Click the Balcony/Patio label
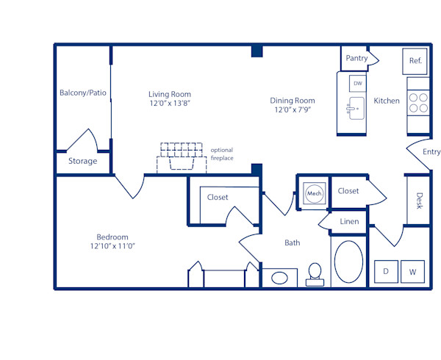click(x=82, y=93)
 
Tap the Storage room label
click(x=82, y=161)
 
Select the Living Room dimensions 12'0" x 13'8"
click(x=170, y=104)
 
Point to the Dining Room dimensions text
click(x=293, y=111)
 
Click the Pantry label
click(x=356, y=58)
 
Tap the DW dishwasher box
click(x=358, y=84)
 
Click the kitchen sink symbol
click(x=355, y=111)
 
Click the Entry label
click(x=431, y=152)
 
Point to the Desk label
click(x=419, y=201)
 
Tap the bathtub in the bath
click(x=348, y=262)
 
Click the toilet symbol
click(x=315, y=273)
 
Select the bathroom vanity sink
click(x=280, y=278)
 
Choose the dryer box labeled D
click(x=386, y=271)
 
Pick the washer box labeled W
click(x=412, y=271)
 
